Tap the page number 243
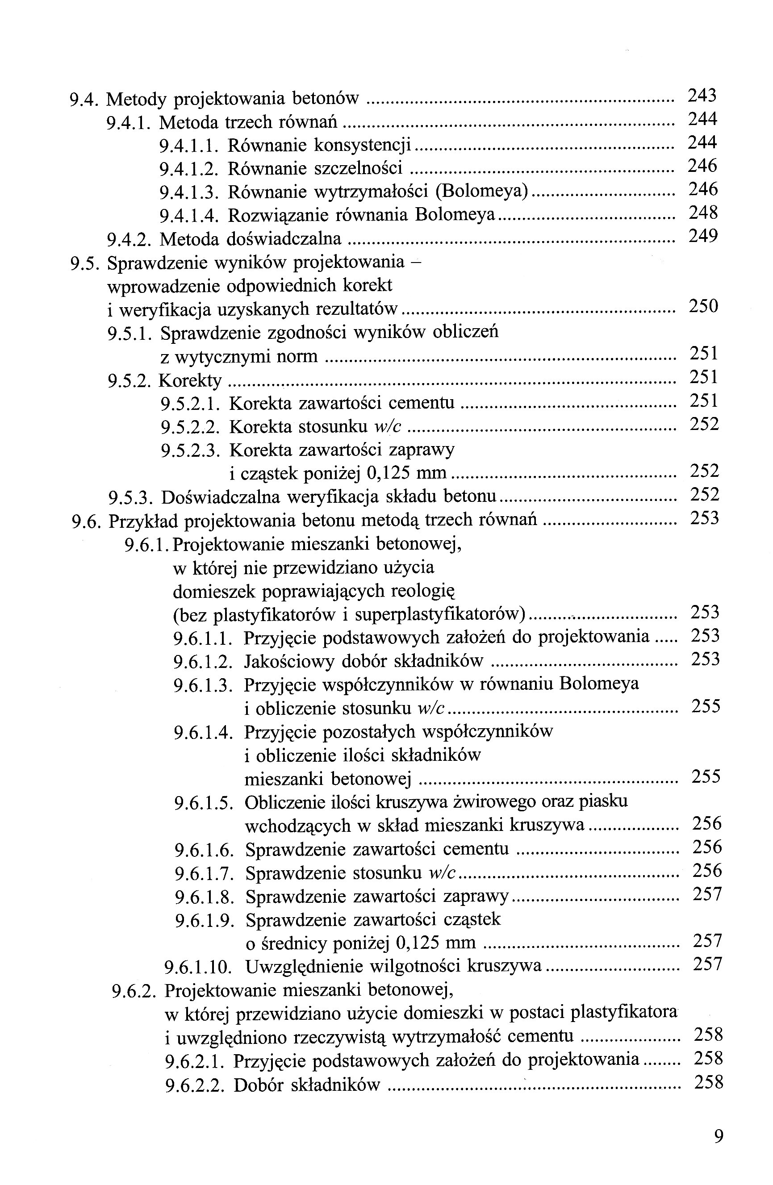pos(702,95)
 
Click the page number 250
pos(703,306)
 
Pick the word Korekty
pos(190,381)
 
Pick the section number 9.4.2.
pos(129,239)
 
